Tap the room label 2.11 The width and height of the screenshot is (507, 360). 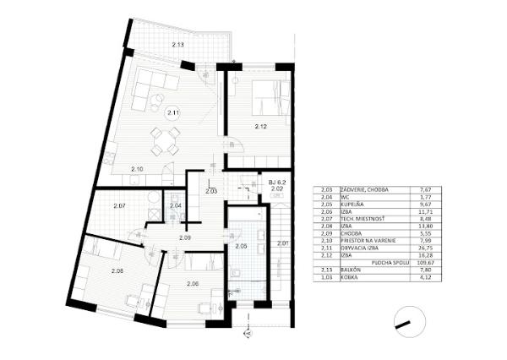172,112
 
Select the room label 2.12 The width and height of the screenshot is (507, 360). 261,127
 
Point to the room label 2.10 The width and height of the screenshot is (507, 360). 137,170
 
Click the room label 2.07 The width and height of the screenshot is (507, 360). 119,206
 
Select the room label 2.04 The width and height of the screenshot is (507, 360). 176,205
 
